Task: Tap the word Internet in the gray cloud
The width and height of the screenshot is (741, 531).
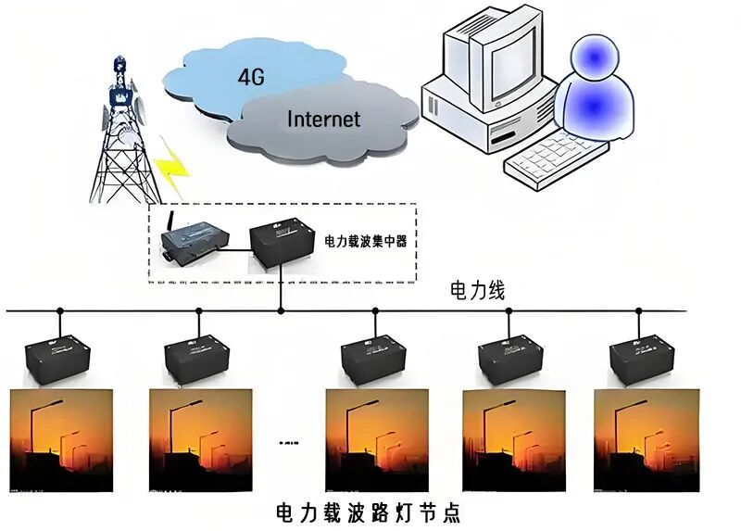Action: point(323,119)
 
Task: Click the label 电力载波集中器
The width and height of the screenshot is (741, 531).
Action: point(366,241)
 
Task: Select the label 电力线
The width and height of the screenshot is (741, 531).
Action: point(477,290)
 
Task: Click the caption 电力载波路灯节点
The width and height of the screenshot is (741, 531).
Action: point(369,512)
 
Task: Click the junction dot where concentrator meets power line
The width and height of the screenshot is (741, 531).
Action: point(281,310)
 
